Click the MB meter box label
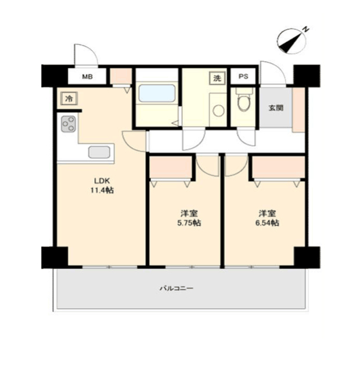87,77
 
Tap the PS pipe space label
243,76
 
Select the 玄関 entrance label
276,108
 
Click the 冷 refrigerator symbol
69,98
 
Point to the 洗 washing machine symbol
217,78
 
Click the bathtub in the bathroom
157,93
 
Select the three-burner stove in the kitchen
69,124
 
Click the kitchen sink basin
99,152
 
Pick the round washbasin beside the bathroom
218,110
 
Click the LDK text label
102,181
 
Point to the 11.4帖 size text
102,190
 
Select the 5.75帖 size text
189,223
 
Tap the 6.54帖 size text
267,223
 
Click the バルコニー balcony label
177,288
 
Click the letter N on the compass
306,30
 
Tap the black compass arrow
291,42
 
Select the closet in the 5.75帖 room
171,167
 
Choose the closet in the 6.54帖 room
278,167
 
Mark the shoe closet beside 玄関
298,110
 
